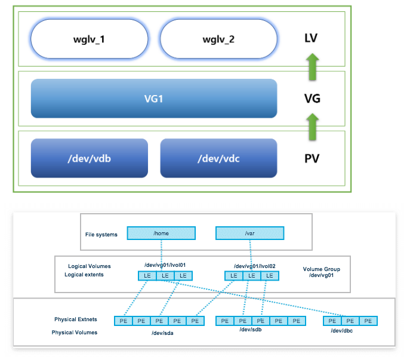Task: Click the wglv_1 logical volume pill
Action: pyautogui.click(x=89, y=39)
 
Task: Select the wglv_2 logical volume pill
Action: pyautogui.click(x=218, y=39)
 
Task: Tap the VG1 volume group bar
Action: pyautogui.click(x=154, y=99)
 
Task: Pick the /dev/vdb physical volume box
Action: pyautogui.click(x=90, y=158)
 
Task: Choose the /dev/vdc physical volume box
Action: pyautogui.click(x=218, y=158)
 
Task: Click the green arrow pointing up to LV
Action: pyautogui.click(x=313, y=67)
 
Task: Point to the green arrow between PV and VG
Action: pyautogui.click(x=313, y=127)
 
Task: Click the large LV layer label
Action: pyautogui.click(x=311, y=38)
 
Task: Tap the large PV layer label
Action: pyautogui.click(x=312, y=159)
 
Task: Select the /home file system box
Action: pyautogui.click(x=161, y=233)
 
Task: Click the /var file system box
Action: pyautogui.click(x=249, y=233)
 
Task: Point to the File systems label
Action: pyautogui.click(x=101, y=235)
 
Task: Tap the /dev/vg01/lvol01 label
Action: pyautogui.click(x=165, y=265)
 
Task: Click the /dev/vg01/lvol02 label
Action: pyautogui.click(x=255, y=266)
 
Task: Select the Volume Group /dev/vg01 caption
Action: pyautogui.click(x=321, y=272)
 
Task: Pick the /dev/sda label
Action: pyautogui.click(x=162, y=333)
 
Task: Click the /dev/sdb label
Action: pyautogui.click(x=251, y=330)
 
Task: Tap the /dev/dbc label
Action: pyautogui.click(x=342, y=331)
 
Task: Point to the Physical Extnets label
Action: pyautogui.click(x=76, y=319)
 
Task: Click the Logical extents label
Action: pyautogui.click(x=84, y=275)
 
